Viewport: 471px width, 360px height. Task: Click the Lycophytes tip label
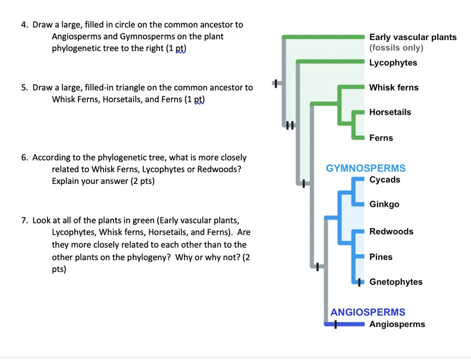[393, 63]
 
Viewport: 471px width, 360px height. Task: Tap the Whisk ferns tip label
[394, 87]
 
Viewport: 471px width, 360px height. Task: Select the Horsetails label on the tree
[390, 112]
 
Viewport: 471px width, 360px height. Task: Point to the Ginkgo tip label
[384, 204]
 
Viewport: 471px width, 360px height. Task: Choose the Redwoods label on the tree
[391, 231]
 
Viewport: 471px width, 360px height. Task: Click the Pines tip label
[381, 257]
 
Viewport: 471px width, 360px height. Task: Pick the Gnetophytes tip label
[396, 282]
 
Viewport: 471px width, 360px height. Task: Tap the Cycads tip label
[385, 180]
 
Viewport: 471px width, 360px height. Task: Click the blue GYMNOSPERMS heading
[366, 168]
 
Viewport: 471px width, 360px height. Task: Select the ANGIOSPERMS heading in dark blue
[368, 312]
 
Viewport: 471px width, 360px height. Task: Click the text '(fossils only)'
[396, 48]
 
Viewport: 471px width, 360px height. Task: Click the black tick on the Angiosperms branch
[336, 325]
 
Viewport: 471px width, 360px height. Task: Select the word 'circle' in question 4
[121, 24]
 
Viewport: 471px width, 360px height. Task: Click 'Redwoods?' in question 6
[219, 169]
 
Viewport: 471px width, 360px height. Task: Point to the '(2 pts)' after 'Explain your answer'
[142, 181]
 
